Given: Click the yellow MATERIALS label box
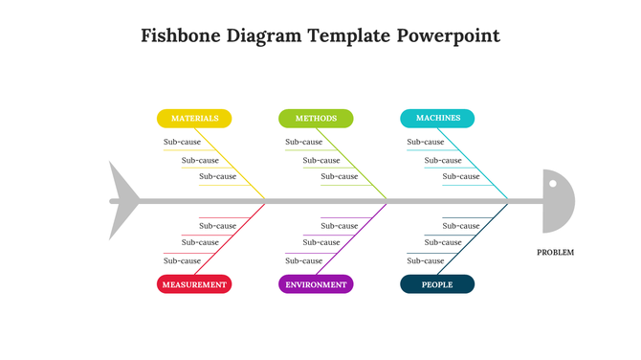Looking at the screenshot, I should pos(194,119).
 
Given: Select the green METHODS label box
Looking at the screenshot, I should pos(316,119).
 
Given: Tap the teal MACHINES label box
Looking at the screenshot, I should pos(437,119).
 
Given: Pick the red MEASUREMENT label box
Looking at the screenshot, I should pos(194,284).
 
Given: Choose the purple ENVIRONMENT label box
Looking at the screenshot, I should pos(316,284).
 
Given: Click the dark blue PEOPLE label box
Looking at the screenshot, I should pos(437,284).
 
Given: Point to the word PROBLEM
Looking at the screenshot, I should pos(556,252).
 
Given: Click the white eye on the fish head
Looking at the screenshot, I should pos(551,181).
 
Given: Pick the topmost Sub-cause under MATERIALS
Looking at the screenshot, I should pos(183,142).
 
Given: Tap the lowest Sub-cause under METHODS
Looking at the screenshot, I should pos(339,176).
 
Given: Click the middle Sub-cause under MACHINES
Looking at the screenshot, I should pos(443,160).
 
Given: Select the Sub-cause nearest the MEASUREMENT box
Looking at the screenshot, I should pos(183,260).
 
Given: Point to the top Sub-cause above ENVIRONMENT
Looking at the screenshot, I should pos(339,226).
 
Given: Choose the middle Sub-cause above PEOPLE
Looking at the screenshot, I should pos(443,242).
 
